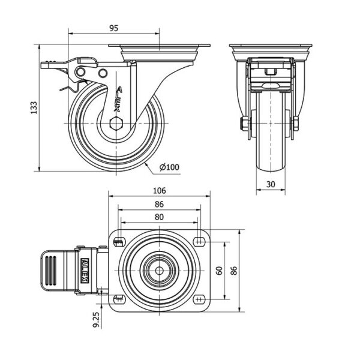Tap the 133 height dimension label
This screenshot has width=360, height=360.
click(x=34, y=107)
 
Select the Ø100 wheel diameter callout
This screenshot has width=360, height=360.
click(x=169, y=167)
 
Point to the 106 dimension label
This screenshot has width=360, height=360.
click(x=159, y=191)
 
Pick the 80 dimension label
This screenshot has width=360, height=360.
click(x=159, y=217)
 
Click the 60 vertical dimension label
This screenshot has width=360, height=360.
click(x=219, y=271)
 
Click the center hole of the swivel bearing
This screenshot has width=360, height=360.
click(x=159, y=270)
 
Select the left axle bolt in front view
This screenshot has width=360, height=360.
click(x=245, y=124)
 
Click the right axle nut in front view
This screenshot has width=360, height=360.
click(x=297, y=124)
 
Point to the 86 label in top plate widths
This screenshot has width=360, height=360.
click(x=159, y=204)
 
